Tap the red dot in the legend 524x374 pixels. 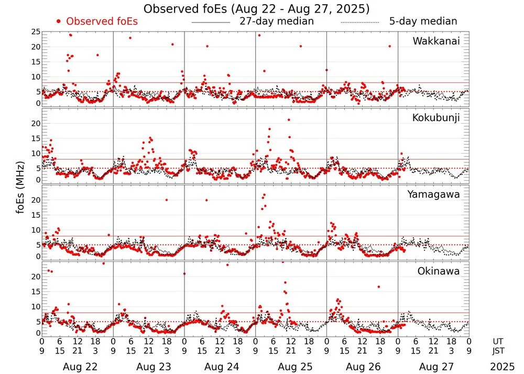pyautogui.click(x=59, y=21)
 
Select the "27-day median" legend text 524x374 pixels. pyautogui.click(x=277, y=21)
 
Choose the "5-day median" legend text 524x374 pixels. pyautogui.click(x=423, y=21)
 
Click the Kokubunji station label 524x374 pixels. pyautogui.click(x=436, y=118)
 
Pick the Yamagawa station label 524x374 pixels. pyautogui.click(x=434, y=194)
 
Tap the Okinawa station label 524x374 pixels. pyautogui.click(x=439, y=271)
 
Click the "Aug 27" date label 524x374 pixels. pyautogui.click(x=433, y=367)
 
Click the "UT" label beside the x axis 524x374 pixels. pyautogui.click(x=498, y=342)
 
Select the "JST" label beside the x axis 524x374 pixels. pyautogui.click(x=498, y=350)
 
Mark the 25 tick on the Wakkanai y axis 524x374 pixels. pyautogui.click(x=36, y=32)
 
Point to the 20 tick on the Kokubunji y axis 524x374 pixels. pyautogui.click(x=36, y=124)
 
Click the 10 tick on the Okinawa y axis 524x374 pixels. pyautogui.click(x=36, y=306)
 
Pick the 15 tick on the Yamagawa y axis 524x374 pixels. pyautogui.click(x=36, y=215)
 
